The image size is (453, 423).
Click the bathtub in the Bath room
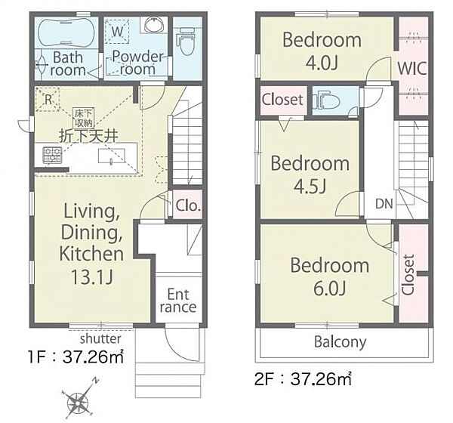point(66,32)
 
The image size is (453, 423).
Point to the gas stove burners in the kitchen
point(53,155)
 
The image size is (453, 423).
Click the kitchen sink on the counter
point(112,156)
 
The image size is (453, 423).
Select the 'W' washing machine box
point(117,31)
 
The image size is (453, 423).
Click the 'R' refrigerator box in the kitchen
point(48,100)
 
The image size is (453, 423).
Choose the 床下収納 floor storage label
point(84,118)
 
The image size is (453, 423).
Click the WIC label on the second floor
point(411,69)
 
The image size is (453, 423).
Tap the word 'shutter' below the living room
point(100,338)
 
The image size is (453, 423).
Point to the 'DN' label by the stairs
point(384,204)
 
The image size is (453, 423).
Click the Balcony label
point(340,342)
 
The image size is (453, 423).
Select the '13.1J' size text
point(91,277)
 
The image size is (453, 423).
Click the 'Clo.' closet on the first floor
point(187,205)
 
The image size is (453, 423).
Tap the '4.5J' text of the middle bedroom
point(310,186)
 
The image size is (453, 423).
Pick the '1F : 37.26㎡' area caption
point(75,357)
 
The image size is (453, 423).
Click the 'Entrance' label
point(178,301)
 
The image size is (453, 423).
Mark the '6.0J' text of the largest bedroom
point(330,288)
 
